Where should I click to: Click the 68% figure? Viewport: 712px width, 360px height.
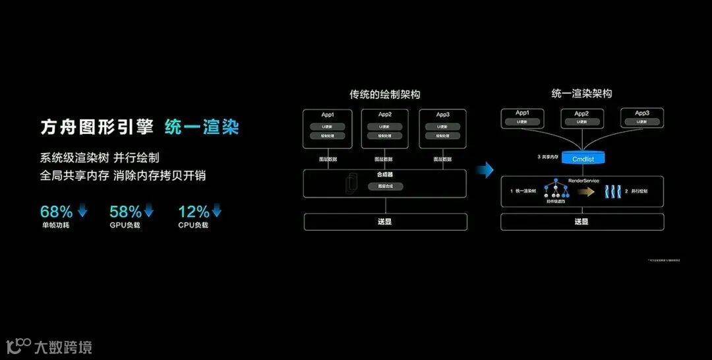[56, 212]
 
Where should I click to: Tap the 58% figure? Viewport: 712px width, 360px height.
[125, 212]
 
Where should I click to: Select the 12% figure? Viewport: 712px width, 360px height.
[193, 212]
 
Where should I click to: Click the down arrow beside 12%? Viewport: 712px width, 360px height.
[216, 211]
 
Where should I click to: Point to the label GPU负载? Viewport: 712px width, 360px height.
[125, 225]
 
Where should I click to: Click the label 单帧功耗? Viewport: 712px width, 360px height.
[55, 225]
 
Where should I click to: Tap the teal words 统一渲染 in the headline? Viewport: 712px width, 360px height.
[201, 127]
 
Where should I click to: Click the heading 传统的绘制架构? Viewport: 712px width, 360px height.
[384, 94]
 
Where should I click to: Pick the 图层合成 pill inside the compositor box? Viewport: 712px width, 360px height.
[385, 187]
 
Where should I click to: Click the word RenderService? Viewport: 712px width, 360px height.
[583, 181]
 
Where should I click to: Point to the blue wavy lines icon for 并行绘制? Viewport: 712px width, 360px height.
[610, 191]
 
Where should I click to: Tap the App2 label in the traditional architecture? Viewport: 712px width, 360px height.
[385, 114]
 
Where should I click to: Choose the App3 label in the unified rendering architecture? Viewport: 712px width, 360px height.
[642, 113]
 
